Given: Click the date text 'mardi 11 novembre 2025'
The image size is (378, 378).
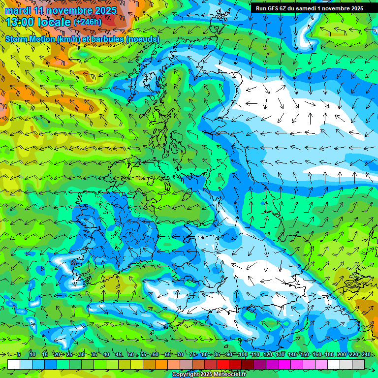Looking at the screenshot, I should [x=61, y=10].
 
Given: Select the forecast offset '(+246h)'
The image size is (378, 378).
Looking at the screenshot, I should [x=88, y=22].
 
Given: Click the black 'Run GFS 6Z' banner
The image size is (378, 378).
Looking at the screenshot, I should [x=309, y=8].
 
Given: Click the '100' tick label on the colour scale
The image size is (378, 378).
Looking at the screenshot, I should [x=243, y=354].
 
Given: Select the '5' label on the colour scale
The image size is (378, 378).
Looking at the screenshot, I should [x=18, y=354].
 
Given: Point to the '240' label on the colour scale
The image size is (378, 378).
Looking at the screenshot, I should [x=366, y=354].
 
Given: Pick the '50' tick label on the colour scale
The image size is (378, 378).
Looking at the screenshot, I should [x=131, y=354].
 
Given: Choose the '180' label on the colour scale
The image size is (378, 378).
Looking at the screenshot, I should [x=329, y=354].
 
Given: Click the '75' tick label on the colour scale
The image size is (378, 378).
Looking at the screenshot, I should [x=192, y=354].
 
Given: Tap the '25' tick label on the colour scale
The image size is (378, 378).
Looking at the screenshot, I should [x=69, y=354].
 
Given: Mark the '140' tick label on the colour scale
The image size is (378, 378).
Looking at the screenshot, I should [x=292, y=354].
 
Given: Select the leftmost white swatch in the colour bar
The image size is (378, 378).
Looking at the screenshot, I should [x=14, y=364].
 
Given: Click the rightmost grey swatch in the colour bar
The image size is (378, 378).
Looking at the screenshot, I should [x=358, y=364].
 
